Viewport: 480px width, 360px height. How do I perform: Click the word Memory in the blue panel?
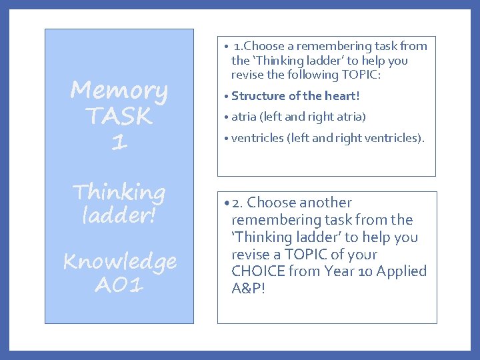[119, 91]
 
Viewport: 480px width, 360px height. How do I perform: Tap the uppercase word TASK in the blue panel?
[119, 117]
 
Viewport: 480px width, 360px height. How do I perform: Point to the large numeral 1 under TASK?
[119, 142]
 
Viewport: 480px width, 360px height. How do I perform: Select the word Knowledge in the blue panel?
[119, 261]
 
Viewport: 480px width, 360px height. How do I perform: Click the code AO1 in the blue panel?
[119, 285]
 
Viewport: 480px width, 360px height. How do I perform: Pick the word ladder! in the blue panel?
[119, 216]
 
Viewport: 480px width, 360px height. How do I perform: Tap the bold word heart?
[341, 96]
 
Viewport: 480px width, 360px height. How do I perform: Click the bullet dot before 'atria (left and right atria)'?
[227, 117]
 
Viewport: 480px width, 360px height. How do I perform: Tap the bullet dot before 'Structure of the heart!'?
[227, 97]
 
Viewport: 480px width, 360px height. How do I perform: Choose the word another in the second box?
[325, 203]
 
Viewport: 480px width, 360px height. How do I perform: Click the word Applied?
[401, 272]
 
